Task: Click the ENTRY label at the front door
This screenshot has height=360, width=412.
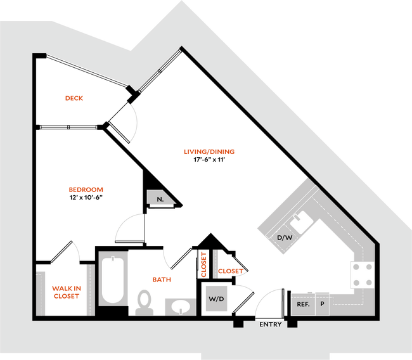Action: (271, 325)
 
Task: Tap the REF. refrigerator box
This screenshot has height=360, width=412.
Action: (302, 304)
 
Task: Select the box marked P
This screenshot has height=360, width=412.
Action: (323, 304)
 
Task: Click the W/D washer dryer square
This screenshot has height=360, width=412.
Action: (216, 299)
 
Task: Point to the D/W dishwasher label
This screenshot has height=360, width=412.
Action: (285, 238)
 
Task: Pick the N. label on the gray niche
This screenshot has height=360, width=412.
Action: (160, 198)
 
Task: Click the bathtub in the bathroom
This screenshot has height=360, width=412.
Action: (113, 279)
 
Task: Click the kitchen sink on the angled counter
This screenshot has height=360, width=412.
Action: (300, 221)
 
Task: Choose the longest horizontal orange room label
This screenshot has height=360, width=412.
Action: (209, 152)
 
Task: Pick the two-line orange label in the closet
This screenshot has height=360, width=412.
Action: (66, 292)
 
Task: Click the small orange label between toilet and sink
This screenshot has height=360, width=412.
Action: (161, 279)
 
